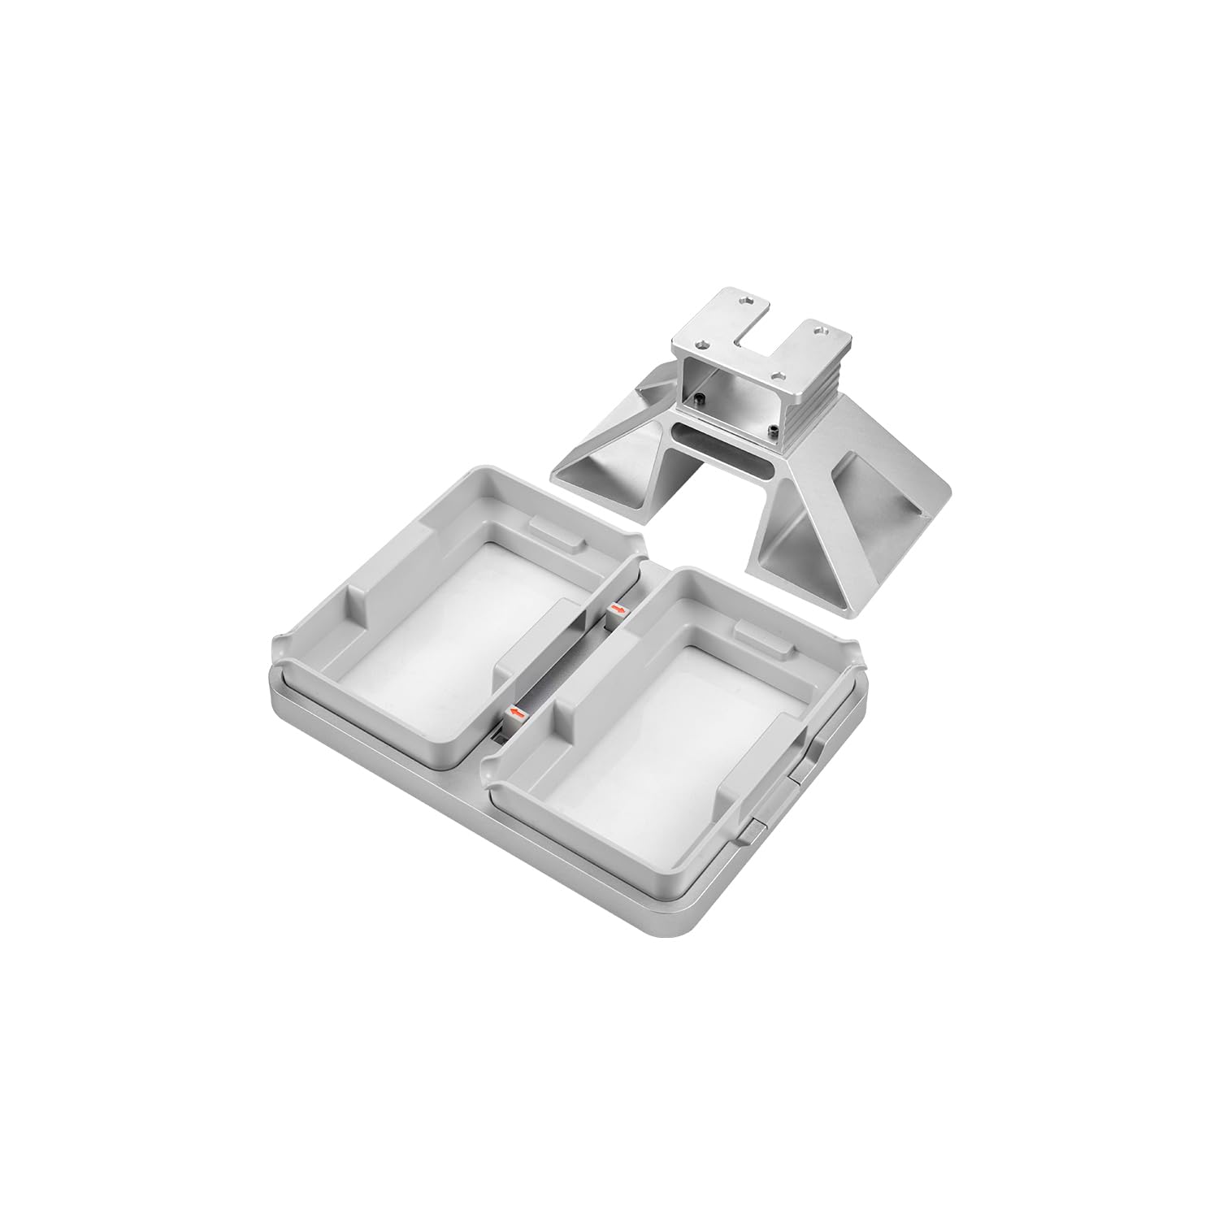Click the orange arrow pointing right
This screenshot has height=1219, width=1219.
point(618,608)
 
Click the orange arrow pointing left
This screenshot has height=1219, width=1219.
point(514,714)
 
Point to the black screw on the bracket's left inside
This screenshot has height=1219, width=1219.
point(699,397)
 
